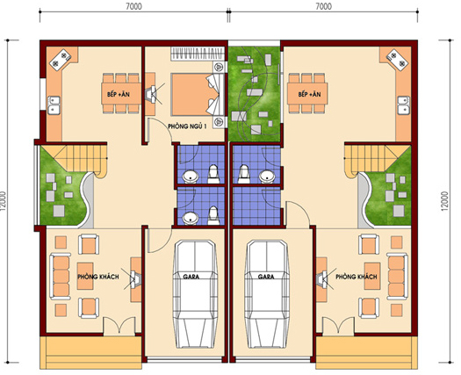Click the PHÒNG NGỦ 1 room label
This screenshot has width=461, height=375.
pyautogui.click(x=187, y=126)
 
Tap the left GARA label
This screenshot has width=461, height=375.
pyautogui.click(x=191, y=277)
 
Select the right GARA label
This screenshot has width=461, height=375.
pyautogui.click(x=266, y=277)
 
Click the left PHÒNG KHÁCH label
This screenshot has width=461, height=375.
pyautogui.click(x=98, y=277)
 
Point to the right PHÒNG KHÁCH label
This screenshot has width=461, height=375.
pyautogui.click(x=357, y=277)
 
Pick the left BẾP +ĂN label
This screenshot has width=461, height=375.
pyautogui.click(x=119, y=95)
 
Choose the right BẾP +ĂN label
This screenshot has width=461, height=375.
pyautogui.click(x=309, y=95)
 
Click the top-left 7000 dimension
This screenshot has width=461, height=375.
pyautogui.click(x=133, y=6)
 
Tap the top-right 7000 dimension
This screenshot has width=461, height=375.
pyautogui.click(x=324, y=6)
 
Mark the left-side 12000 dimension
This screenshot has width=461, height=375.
pyautogui.click(x=4, y=201)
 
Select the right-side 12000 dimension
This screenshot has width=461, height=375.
pyautogui.click(x=444, y=201)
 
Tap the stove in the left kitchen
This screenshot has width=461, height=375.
pyautogui.click(x=61, y=60)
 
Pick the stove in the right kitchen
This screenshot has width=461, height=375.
pyautogui.click(x=397, y=60)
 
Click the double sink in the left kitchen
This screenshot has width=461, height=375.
pyautogui.click(x=54, y=105)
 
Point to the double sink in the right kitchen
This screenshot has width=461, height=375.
pyautogui.click(x=404, y=105)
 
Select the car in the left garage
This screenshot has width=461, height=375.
pyautogui.click(x=195, y=294)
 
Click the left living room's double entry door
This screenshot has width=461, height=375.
pyautogui.click(x=119, y=326)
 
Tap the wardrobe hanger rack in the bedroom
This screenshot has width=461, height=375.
pyautogui.click(x=197, y=54)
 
